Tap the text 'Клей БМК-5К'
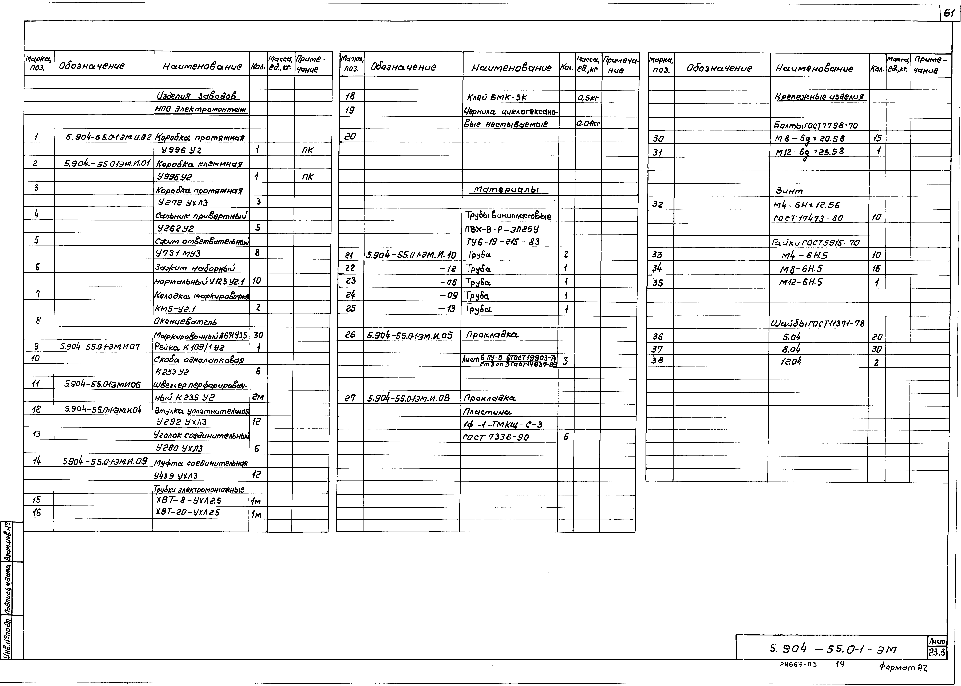point(497,97)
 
